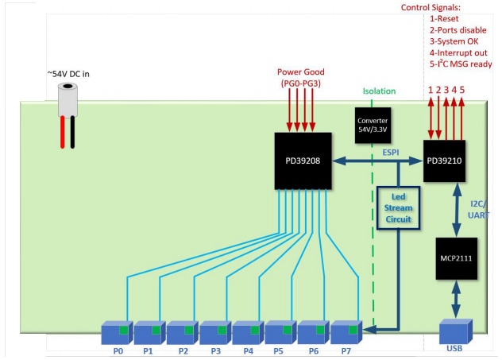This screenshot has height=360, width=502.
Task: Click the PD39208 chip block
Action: click(x=302, y=161)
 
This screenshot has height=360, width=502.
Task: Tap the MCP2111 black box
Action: click(x=456, y=258)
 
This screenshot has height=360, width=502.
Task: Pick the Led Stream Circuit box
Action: click(x=397, y=208)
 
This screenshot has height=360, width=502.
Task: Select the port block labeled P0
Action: click(x=116, y=331)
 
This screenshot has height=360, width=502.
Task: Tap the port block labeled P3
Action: click(x=214, y=331)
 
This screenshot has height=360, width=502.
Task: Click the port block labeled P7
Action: click(x=346, y=331)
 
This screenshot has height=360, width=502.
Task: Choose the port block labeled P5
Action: click(x=280, y=331)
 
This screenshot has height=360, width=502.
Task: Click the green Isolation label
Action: click(x=379, y=91)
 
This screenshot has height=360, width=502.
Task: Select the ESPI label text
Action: click(x=392, y=150)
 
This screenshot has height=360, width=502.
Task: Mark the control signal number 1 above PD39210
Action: click(x=431, y=91)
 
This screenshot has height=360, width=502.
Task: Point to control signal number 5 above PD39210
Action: click(x=462, y=91)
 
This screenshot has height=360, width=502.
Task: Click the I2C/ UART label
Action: click(x=479, y=208)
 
